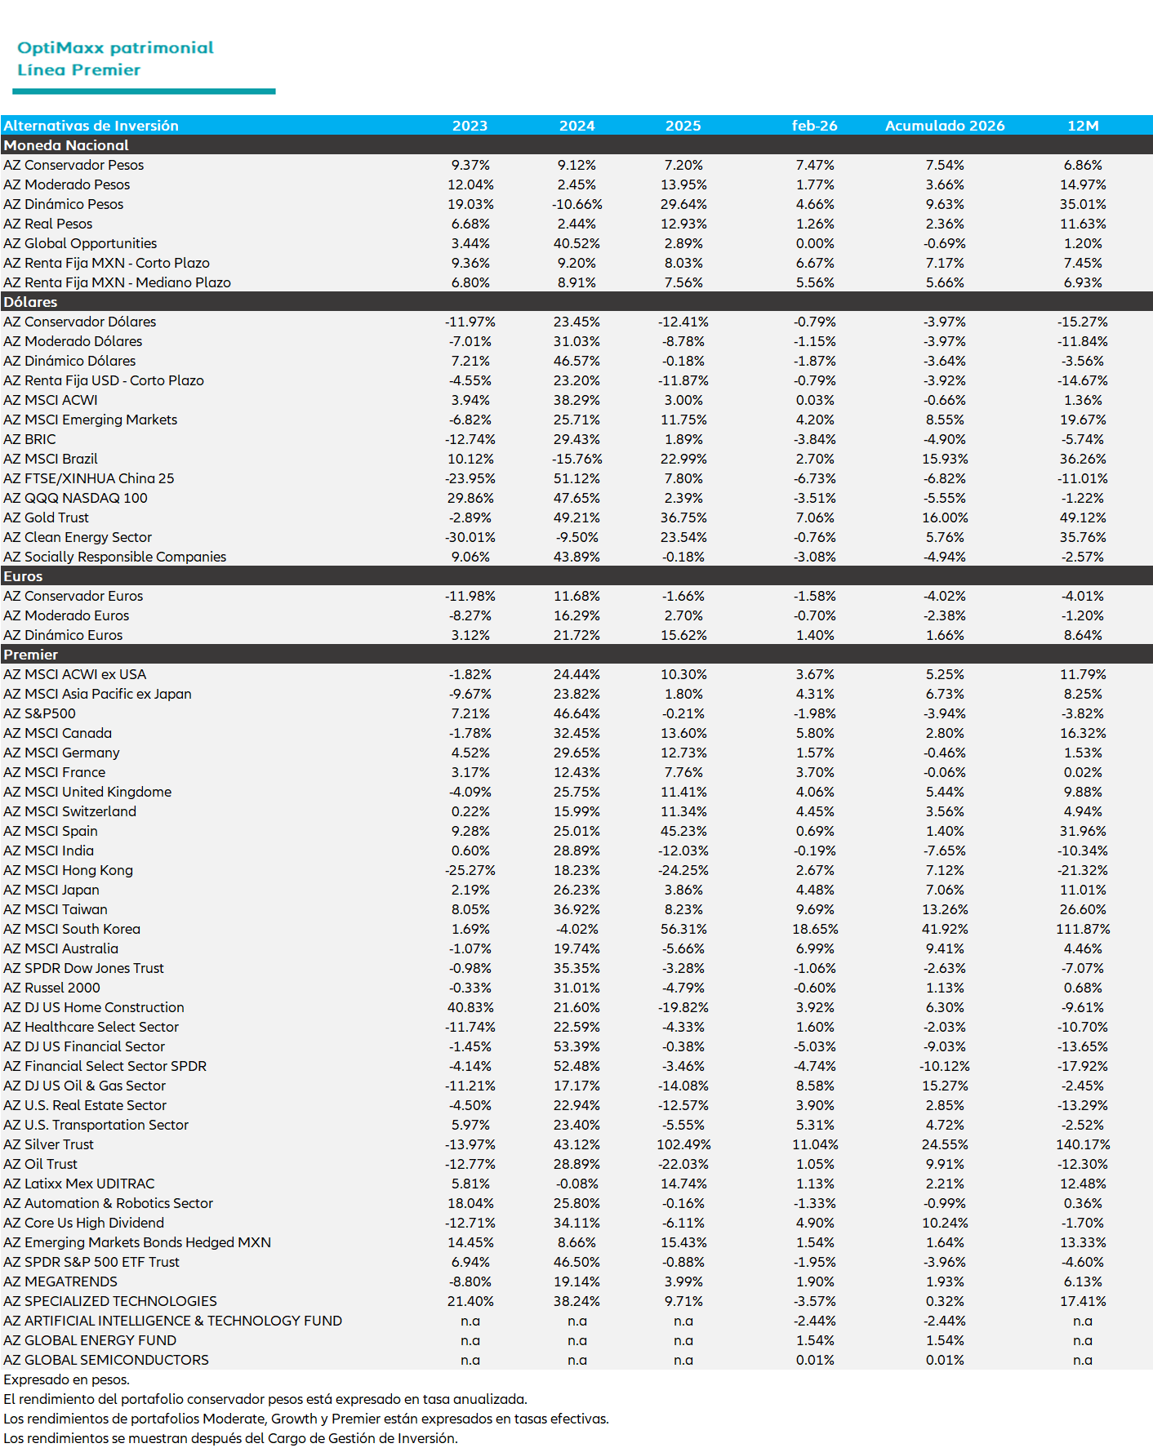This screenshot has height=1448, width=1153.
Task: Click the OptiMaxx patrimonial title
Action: pos(115,47)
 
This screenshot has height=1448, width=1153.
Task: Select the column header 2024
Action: pos(576,126)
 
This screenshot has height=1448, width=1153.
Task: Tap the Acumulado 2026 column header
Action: pos(945,126)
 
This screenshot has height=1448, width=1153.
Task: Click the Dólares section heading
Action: pos(30,302)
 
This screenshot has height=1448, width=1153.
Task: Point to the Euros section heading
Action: pos(23,576)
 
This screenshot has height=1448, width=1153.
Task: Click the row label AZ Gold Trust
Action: pos(46,517)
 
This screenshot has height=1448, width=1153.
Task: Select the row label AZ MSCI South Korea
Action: pos(72,929)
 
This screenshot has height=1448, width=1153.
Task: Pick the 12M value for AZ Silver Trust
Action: pos(1083,1144)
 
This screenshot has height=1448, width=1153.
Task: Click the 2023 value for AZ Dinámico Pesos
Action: pos(470,204)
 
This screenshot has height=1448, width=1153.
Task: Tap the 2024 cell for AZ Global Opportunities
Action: pos(576,243)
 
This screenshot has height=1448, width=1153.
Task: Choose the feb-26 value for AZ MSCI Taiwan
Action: pos(815,909)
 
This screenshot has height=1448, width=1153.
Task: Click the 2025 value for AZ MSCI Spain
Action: pos(683,831)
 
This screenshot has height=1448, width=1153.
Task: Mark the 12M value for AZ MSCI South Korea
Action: pos(1083,929)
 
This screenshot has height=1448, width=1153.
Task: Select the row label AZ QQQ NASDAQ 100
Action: pos(75,498)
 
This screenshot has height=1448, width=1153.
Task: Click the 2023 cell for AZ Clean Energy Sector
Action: pos(470,537)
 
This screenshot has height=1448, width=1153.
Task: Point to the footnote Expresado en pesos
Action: pos(66,1379)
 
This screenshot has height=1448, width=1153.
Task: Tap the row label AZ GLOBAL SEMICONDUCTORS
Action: pos(106,1360)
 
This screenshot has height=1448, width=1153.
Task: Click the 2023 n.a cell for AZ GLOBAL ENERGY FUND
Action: pos(470,1340)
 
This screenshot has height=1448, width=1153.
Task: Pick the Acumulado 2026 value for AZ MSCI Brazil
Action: pos(945,459)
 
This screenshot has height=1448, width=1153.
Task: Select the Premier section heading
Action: pos(30,655)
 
